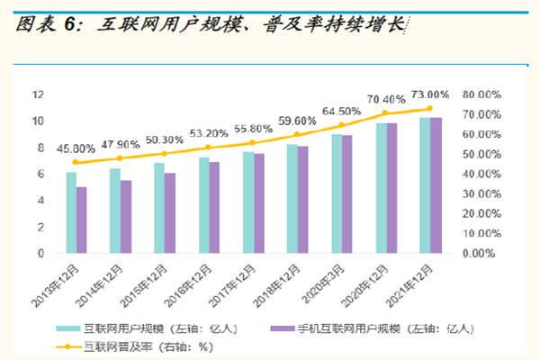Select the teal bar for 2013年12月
click(71, 212)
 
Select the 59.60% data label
click(297, 120)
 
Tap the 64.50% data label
click(342, 111)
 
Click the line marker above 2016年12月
click(209, 147)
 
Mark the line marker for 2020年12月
click(385, 113)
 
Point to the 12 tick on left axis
click(38, 94)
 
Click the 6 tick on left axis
click(40, 174)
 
